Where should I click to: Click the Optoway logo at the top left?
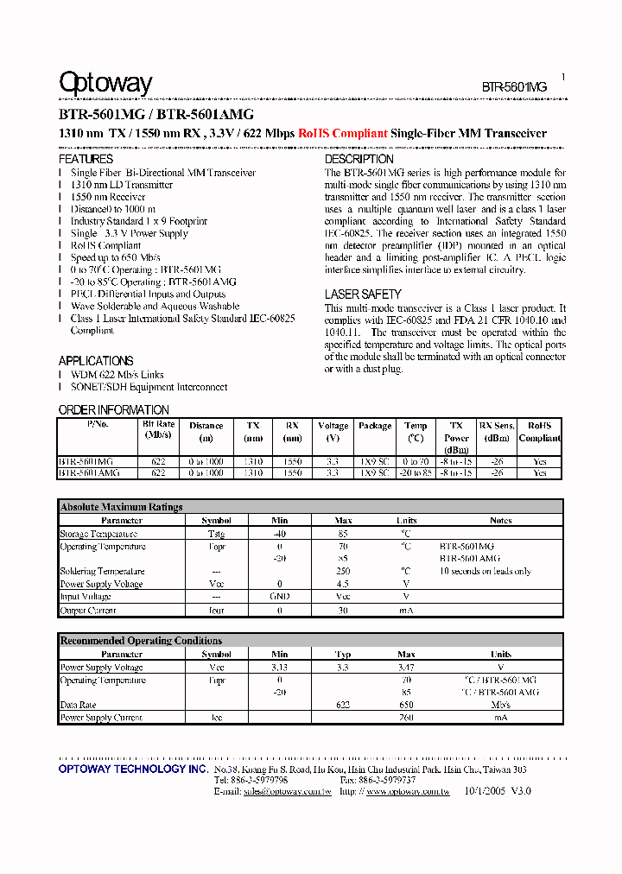[x=105, y=83]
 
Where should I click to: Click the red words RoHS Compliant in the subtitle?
[x=342, y=134]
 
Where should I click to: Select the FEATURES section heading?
[x=86, y=159]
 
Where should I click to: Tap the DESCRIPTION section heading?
[x=359, y=159]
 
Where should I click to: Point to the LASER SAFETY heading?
[x=363, y=294]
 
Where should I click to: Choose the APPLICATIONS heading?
[x=96, y=361]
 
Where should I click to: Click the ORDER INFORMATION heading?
[x=114, y=409]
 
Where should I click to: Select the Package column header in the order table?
[x=375, y=426]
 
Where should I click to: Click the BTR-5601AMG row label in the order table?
[x=89, y=473]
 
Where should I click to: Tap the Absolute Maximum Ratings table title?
[x=121, y=507]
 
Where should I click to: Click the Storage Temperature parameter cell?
[x=98, y=534]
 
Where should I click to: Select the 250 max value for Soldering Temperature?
[x=343, y=572]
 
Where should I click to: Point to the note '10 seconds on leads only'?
[x=485, y=572]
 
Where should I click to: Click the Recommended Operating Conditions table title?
[x=141, y=641]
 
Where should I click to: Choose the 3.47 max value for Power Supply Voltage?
[x=406, y=668]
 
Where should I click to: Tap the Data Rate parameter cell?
[x=78, y=705]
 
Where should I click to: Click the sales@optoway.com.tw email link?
[x=288, y=791]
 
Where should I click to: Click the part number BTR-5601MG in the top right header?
[x=514, y=87]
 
